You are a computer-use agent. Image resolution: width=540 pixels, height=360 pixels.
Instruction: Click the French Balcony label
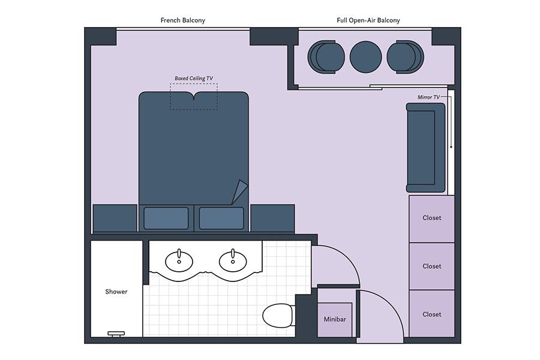point(183,20)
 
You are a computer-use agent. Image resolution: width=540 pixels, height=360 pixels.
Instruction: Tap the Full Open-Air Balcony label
point(368,20)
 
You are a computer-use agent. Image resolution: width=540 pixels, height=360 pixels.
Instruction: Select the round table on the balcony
point(366,57)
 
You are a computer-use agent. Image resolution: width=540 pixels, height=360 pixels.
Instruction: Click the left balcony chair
point(326,57)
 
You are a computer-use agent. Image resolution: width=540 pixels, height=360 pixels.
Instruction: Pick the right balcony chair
point(406,57)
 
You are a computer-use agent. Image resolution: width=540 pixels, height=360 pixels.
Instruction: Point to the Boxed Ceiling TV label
point(194,79)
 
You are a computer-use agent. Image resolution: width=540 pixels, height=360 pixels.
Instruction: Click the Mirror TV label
point(428,97)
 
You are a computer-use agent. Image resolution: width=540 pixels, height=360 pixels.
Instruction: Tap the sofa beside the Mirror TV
point(425,148)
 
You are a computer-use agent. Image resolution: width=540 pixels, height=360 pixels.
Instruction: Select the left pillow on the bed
point(166,218)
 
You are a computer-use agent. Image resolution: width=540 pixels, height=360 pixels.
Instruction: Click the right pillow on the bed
point(221,218)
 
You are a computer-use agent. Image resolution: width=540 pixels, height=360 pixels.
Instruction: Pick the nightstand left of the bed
point(115,218)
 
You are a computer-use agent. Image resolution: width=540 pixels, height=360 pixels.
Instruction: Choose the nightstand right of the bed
point(272,218)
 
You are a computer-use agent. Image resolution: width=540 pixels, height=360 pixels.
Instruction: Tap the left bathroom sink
point(179,262)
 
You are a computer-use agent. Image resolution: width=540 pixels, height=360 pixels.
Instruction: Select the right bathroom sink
point(233,262)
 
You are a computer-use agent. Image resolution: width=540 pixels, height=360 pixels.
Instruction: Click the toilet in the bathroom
point(278,316)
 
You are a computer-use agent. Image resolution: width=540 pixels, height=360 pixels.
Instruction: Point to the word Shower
point(116,292)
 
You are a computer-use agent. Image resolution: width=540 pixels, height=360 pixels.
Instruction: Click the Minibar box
point(335,320)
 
